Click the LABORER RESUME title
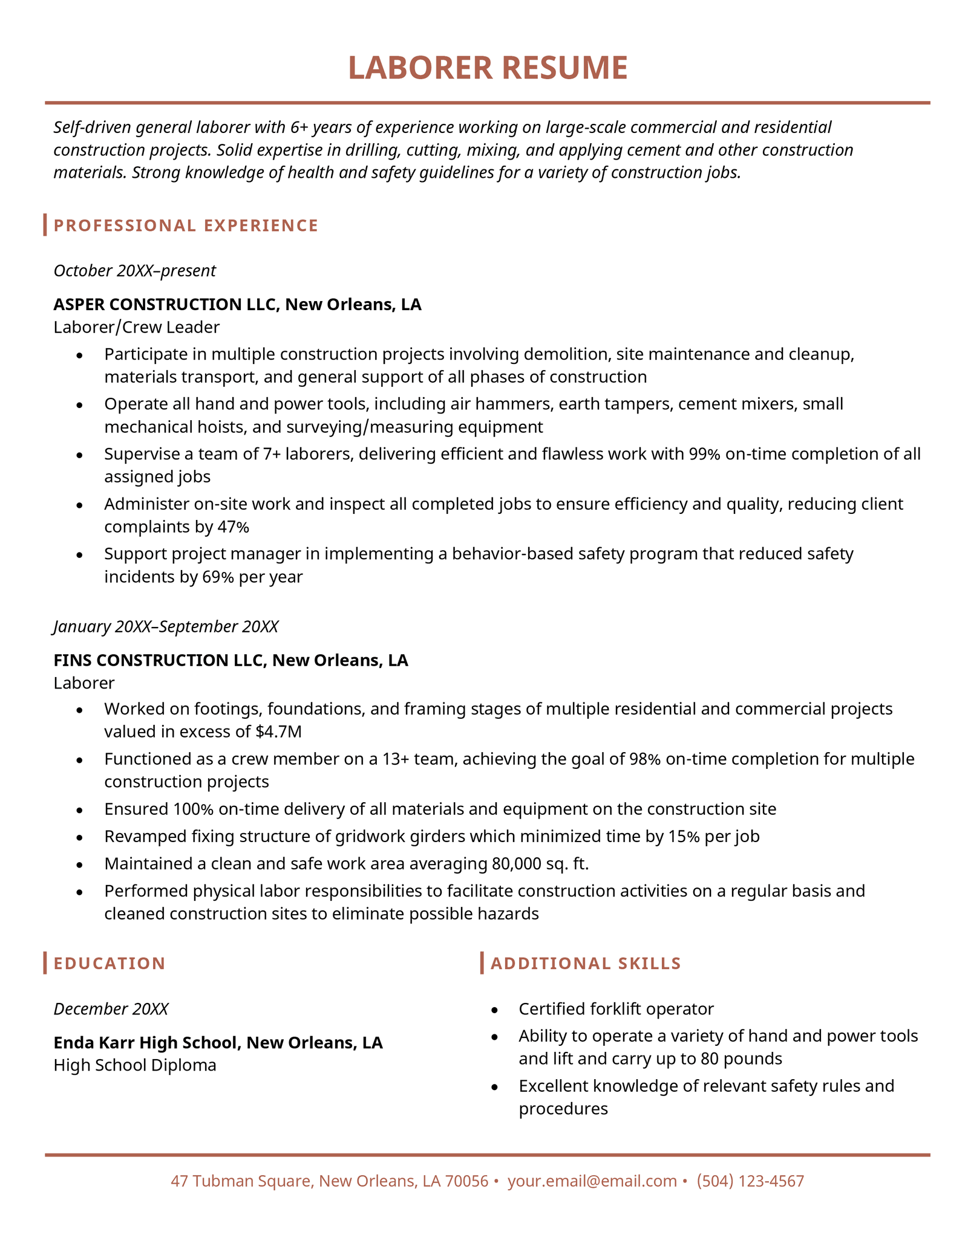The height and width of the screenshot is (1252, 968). [x=488, y=68]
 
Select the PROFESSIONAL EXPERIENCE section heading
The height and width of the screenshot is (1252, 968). [x=186, y=225]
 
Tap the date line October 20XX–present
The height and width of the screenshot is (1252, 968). [x=134, y=271]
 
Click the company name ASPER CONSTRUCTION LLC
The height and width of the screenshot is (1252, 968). [x=165, y=304]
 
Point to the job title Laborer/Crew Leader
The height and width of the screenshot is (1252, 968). [x=136, y=328]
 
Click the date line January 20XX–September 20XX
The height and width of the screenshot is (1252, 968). [x=166, y=627]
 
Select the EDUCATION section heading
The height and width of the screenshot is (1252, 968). [x=110, y=964]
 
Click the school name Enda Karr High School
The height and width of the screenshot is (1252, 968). [x=148, y=1043]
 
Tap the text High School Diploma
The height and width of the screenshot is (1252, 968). [x=135, y=1065]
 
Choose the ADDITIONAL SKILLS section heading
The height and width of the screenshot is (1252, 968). [x=586, y=964]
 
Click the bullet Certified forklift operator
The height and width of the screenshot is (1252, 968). [x=616, y=1009]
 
